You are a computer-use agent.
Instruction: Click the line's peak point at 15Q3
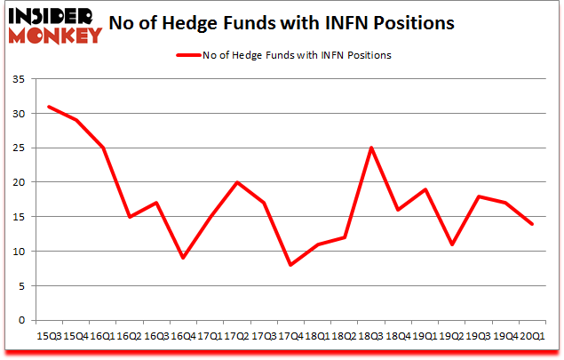[x=49, y=107]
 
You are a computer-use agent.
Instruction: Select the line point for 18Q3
[x=371, y=148]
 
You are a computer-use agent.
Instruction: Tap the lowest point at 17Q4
[x=291, y=265]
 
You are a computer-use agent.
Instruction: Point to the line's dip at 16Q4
[x=183, y=258]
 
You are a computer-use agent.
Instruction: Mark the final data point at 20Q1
[x=533, y=224]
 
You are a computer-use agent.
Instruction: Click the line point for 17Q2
[x=237, y=182]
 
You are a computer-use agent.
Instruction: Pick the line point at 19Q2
[x=452, y=244]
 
